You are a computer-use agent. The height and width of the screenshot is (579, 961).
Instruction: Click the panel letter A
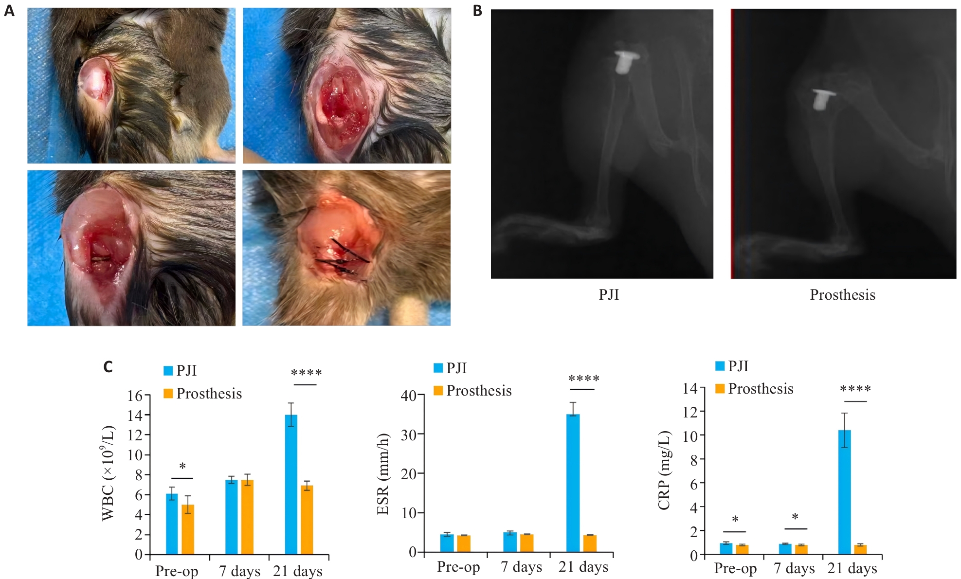pos(9,11)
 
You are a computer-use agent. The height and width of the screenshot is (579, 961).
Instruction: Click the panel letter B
pos(477,11)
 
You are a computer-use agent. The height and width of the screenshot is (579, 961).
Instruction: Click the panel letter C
pos(108,367)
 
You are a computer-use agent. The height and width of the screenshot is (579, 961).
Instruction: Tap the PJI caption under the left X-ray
pos(608,295)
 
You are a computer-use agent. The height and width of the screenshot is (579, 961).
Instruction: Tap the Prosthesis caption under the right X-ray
pos(842,295)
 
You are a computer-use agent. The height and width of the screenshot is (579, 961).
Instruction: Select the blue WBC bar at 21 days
pos(291,485)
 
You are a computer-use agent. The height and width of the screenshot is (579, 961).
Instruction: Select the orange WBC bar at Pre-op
pos(188,529)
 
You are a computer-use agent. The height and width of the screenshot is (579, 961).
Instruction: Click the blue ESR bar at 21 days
pos(573,483)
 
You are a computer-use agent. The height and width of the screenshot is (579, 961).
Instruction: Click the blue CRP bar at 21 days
pos(845,492)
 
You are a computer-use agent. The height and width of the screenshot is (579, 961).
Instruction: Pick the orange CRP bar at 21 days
pos(860,550)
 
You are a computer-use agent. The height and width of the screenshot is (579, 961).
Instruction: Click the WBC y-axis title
pos(108,473)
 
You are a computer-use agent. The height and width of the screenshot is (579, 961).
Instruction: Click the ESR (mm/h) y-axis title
pos(383,473)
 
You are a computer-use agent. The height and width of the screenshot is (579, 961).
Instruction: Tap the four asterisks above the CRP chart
pos(855,389)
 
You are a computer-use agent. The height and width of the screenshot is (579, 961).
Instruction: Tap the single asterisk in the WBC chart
pos(182,467)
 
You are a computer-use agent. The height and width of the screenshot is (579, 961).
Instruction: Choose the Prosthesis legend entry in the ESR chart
pos(472,391)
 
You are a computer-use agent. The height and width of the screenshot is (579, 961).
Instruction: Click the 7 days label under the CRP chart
pos(794,568)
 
